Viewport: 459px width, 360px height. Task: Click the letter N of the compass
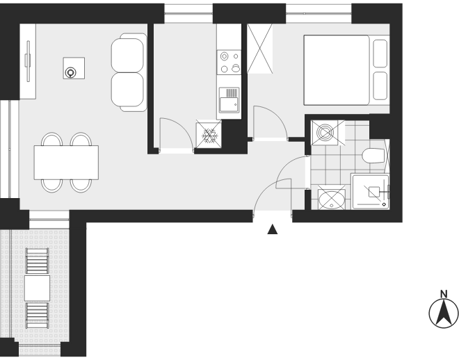pyautogui.click(x=444, y=294)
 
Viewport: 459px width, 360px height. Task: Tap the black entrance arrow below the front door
pyautogui.click(x=272, y=229)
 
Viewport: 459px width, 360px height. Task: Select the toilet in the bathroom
pyautogui.click(x=373, y=156)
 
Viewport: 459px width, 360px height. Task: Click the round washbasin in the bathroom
pyautogui.click(x=332, y=200)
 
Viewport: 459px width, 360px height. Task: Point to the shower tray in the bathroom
pyautogui.click(x=371, y=192)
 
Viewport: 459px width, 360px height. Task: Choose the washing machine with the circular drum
pyautogui.click(x=325, y=133)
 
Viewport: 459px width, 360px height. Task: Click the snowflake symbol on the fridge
pyautogui.click(x=210, y=136)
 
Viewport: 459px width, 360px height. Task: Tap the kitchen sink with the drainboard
pyautogui.click(x=229, y=100)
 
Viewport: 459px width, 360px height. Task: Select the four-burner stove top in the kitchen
pyautogui.click(x=229, y=63)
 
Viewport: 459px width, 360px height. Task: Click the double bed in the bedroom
pyautogui.click(x=346, y=70)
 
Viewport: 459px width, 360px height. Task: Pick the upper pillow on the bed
pyautogui.click(x=380, y=54)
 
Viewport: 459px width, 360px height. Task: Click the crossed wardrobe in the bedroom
pyautogui.click(x=260, y=49)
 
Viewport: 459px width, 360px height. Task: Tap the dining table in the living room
pyautogui.click(x=66, y=163)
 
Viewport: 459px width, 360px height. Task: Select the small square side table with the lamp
pyautogui.click(x=74, y=68)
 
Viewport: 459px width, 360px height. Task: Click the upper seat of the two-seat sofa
pyautogui.click(x=128, y=55)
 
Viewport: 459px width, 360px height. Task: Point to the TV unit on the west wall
pyautogui.click(x=28, y=61)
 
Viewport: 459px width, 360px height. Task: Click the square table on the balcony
pyautogui.click(x=37, y=288)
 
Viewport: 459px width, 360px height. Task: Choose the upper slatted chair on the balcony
pyautogui.click(x=37, y=261)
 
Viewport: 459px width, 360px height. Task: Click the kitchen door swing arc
pyautogui.click(x=181, y=127)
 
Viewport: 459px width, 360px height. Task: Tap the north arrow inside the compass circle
pyautogui.click(x=444, y=313)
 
